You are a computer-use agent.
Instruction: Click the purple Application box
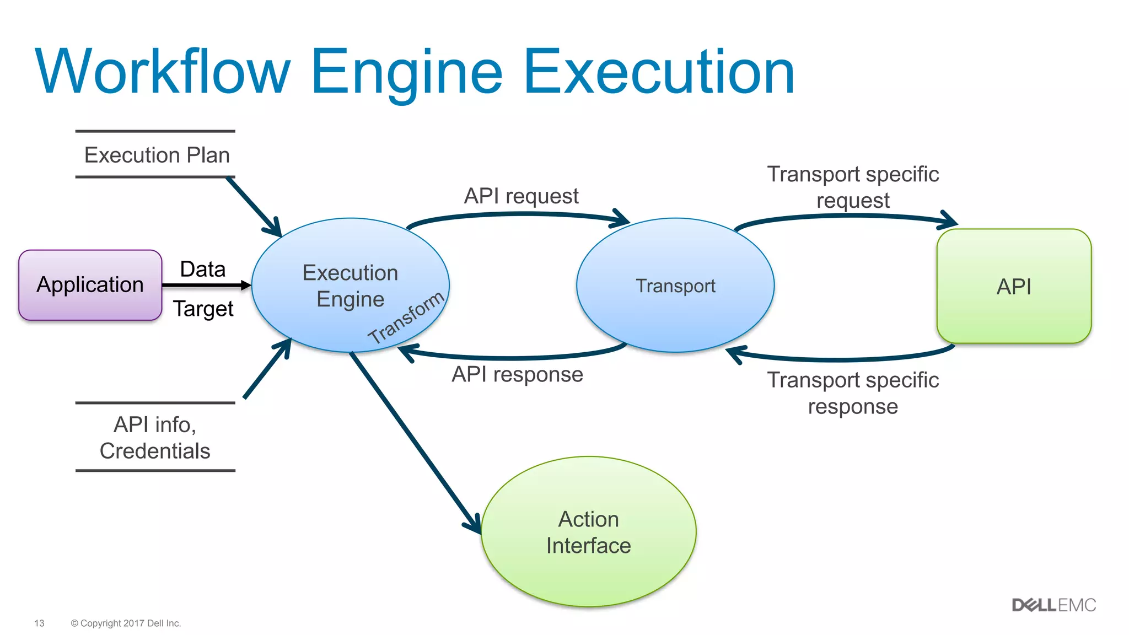[x=90, y=285]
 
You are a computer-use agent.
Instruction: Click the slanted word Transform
[x=406, y=318]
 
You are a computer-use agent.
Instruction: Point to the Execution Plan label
[x=157, y=155]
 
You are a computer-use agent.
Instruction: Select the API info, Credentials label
[x=155, y=438]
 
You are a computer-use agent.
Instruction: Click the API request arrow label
[x=521, y=196]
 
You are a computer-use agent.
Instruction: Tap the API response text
[x=517, y=374]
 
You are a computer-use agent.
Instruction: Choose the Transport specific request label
[x=853, y=187]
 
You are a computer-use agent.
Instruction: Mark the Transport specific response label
[x=853, y=393]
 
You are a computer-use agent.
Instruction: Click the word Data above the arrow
[x=202, y=270]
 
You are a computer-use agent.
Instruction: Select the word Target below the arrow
[x=203, y=309]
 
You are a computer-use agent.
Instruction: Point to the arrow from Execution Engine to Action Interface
[x=413, y=441]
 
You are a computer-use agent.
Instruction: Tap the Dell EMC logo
[x=1053, y=605]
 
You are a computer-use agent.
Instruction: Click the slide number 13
[x=39, y=623]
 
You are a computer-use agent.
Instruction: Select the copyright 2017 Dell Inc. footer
[x=126, y=623]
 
